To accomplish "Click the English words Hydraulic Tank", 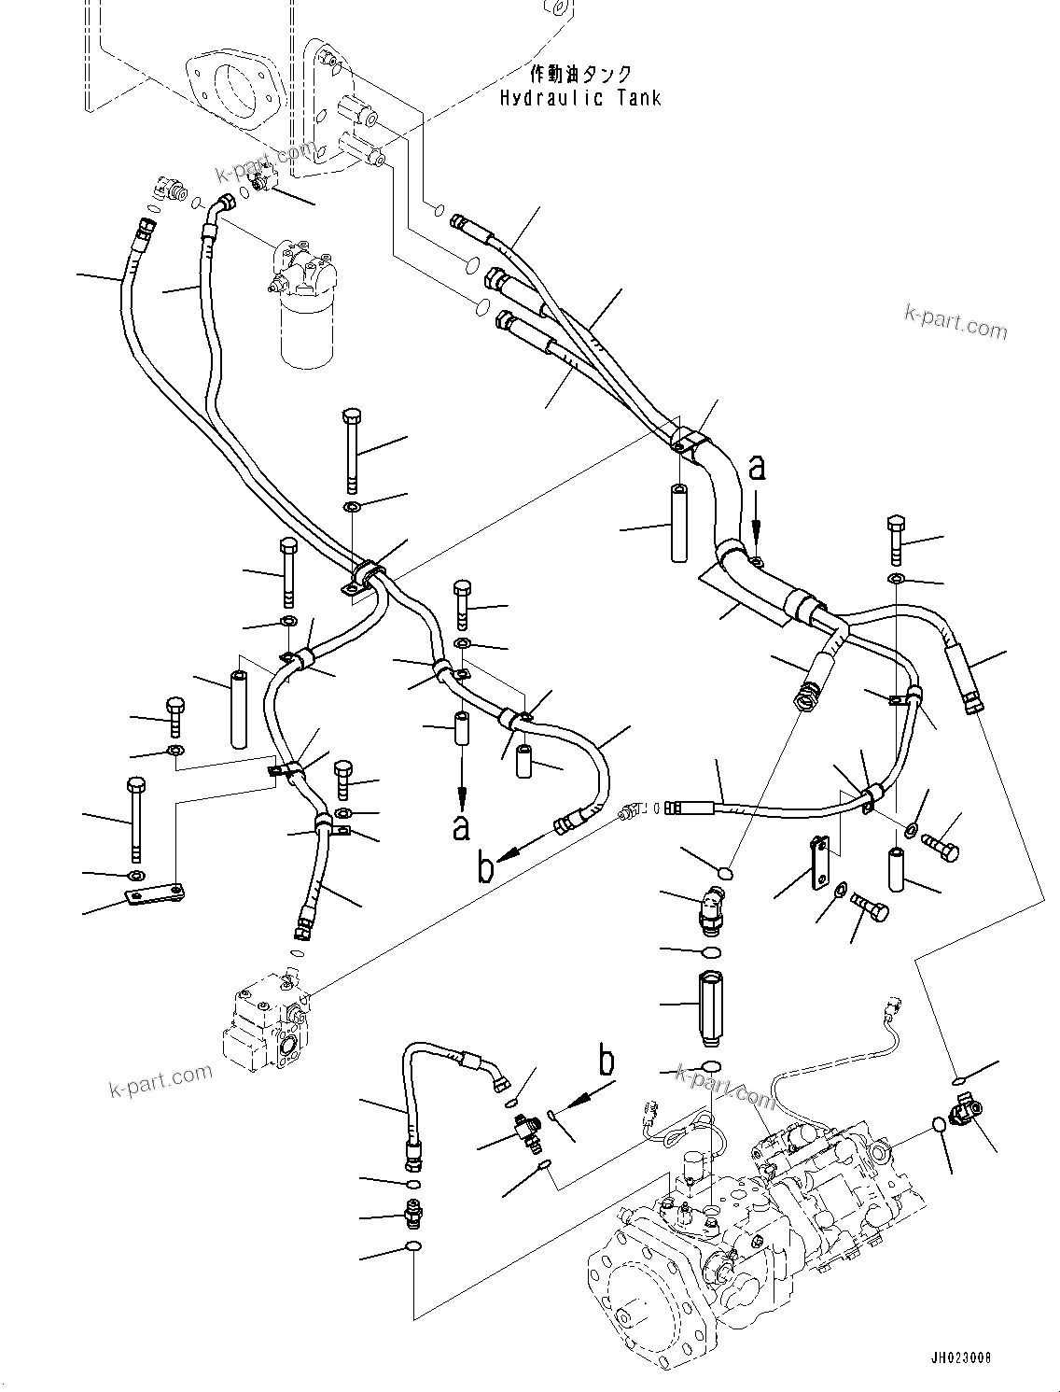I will point(579,97).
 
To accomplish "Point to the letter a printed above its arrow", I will point(759,467).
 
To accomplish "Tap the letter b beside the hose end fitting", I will point(485,868).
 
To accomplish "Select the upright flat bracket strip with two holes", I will point(821,860).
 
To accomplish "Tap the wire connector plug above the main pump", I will point(894,1009).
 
